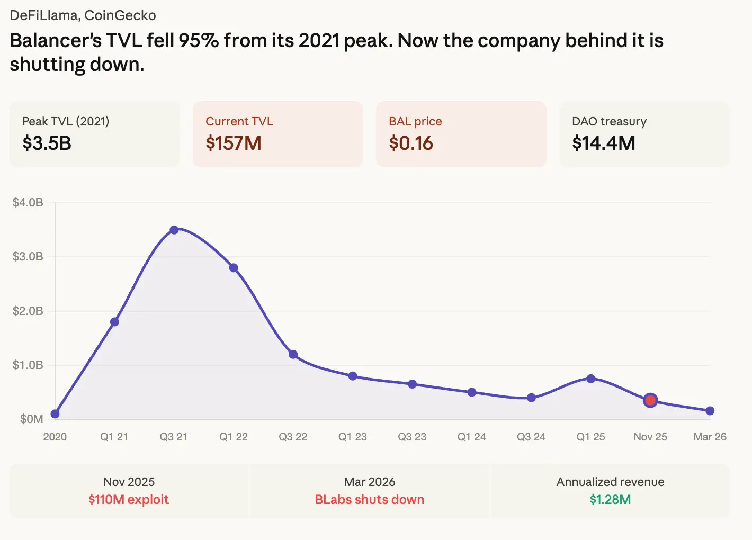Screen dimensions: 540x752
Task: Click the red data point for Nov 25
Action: point(650,400)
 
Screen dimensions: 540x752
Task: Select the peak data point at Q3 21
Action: point(174,230)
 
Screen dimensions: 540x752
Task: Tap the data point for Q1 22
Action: point(234,268)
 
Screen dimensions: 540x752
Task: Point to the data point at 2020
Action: point(55,413)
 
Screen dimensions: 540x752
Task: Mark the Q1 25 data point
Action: point(591,379)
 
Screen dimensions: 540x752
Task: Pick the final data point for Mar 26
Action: point(710,411)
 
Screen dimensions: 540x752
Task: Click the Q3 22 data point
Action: point(293,354)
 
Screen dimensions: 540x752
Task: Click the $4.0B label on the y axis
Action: point(28,202)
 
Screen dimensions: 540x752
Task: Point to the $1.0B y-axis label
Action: point(28,365)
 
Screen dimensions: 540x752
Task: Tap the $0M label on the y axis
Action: point(32,419)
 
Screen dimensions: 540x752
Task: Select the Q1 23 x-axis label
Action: point(353,437)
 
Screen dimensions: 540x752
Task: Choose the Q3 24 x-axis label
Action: point(531,437)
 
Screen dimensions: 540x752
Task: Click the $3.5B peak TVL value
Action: point(47,143)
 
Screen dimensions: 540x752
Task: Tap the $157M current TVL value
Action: point(234,143)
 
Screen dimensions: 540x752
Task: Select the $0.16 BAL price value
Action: point(411,143)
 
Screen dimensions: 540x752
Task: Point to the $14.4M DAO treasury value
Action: point(604,143)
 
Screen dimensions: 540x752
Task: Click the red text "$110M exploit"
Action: point(129,499)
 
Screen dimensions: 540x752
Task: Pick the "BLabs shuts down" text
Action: point(370,499)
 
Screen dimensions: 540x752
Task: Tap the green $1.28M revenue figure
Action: point(610,499)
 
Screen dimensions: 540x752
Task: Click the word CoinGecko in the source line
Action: point(120,15)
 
